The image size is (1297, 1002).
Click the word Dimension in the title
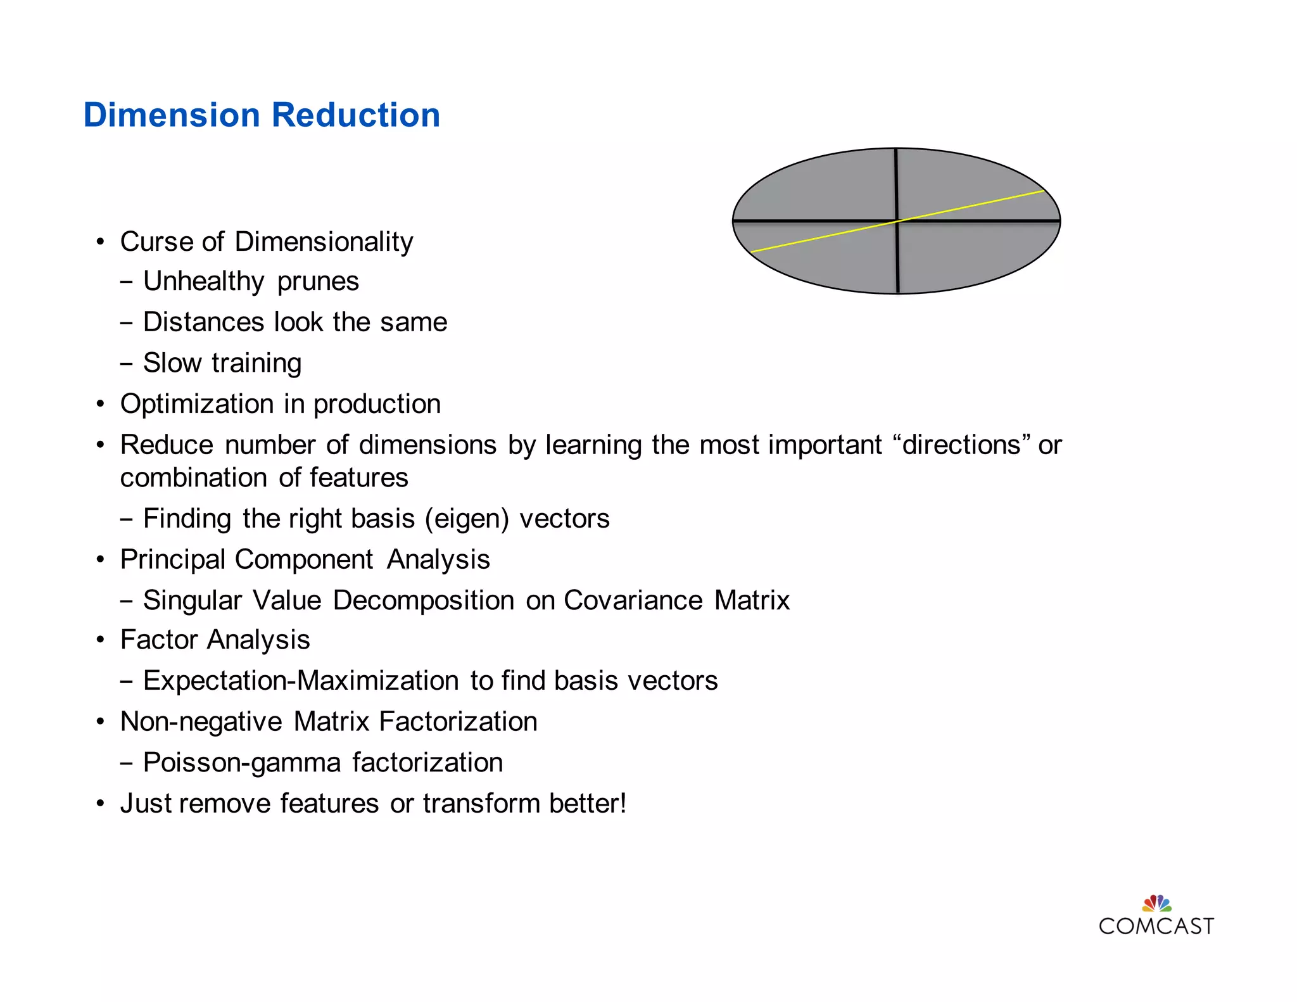pos(172,115)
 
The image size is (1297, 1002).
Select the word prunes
pos(318,282)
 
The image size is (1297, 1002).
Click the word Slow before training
pos(172,363)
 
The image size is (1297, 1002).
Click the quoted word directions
pos(961,445)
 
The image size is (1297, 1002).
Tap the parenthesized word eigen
pos(467,519)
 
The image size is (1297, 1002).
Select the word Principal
pos(173,560)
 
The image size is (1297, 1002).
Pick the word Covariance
pos(633,600)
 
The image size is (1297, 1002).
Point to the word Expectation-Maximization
pos(301,681)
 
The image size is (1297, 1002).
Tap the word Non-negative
pos(201,722)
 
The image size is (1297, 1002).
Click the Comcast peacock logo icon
pos(1156,903)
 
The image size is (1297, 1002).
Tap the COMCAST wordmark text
pos(1156,927)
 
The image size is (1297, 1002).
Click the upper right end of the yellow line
pos(1042,191)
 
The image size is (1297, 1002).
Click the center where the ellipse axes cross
pos(897,221)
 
